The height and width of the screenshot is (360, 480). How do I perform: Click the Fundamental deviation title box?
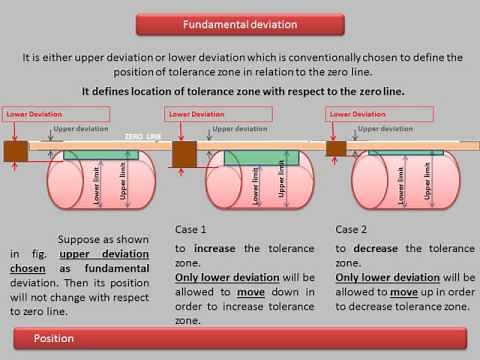tap(240, 23)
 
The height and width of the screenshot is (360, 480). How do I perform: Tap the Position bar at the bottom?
tap(240, 339)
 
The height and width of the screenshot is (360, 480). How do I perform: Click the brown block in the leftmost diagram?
tap(15, 152)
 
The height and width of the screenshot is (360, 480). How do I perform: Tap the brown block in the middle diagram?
tap(184, 153)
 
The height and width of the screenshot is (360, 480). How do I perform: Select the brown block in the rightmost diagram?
tap(336, 148)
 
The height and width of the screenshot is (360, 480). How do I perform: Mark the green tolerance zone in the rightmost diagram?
tap(405, 152)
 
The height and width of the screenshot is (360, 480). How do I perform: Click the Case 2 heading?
tap(351, 228)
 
